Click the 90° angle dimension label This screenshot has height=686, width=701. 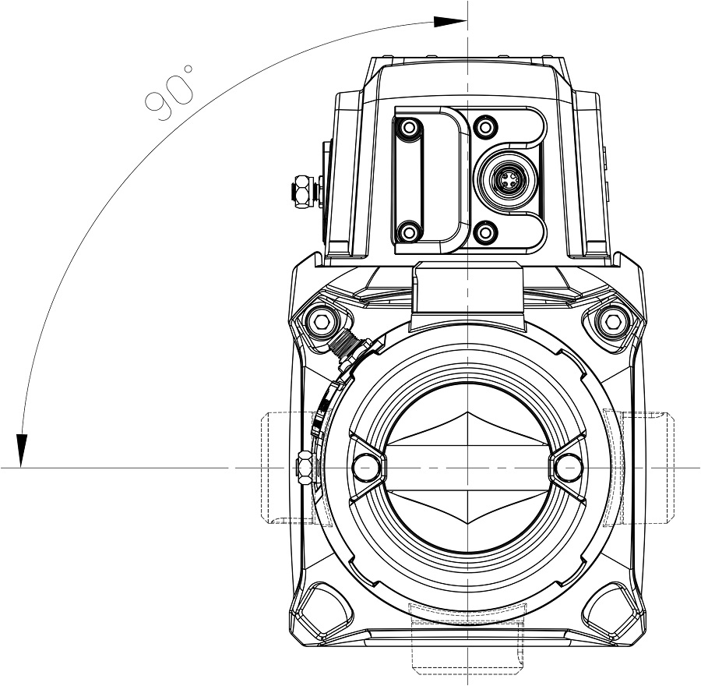[170, 94]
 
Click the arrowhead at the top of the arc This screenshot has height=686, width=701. [450, 22]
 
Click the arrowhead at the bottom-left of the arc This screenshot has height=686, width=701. [22, 451]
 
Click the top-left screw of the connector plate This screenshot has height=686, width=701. [408, 128]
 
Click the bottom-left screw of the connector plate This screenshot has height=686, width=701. [408, 232]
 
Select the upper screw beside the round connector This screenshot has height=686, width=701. [485, 128]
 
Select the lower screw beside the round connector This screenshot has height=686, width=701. [485, 232]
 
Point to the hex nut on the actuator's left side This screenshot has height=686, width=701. [303, 192]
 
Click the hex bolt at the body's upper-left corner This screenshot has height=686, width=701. [321, 321]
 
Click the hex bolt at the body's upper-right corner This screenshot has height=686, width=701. [611, 321]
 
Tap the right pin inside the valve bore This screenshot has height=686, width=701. [569, 468]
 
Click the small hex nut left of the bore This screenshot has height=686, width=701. [305, 468]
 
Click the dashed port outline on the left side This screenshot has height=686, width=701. [287, 468]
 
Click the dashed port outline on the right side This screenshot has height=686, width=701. [639, 468]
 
